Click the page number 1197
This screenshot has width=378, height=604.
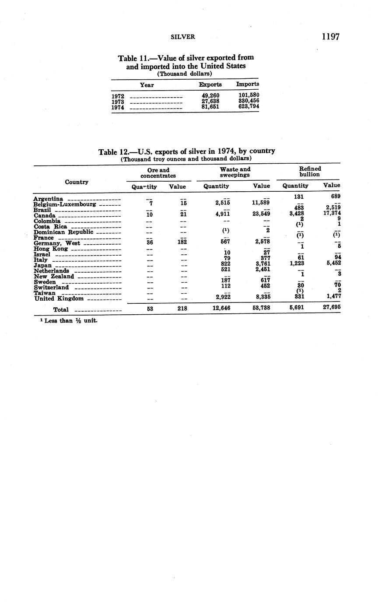point(330,36)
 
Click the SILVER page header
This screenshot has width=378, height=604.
point(182,37)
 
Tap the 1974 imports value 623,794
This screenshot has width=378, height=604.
point(248,106)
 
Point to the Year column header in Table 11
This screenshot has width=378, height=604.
point(147,85)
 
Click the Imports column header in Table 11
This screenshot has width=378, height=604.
point(248,84)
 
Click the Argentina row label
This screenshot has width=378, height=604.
point(48,199)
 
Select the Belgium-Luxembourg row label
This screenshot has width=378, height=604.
point(65,204)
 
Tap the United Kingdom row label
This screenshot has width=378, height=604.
point(59,298)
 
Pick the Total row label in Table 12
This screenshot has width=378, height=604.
point(61,309)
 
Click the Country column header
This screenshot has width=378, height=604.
point(77,182)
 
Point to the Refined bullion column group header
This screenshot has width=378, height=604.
point(310,171)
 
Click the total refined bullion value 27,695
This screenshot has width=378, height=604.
point(330,308)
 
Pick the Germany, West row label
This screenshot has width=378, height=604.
point(57,243)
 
